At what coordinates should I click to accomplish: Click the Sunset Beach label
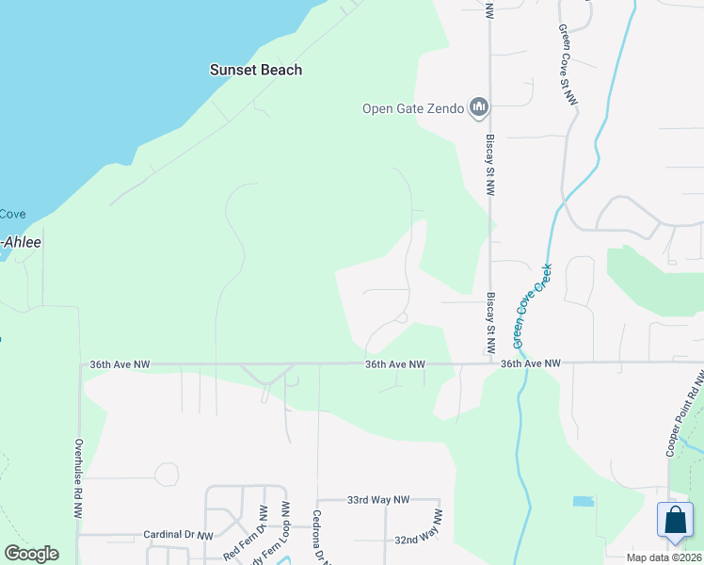click(x=255, y=70)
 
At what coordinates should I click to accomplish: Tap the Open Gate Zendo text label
click(x=413, y=108)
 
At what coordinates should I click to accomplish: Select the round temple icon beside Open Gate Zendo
click(x=479, y=108)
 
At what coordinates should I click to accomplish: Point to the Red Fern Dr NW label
click(x=243, y=540)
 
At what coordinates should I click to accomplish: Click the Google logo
click(x=31, y=554)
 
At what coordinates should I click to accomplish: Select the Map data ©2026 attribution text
click(x=664, y=557)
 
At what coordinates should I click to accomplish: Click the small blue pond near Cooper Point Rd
click(x=584, y=501)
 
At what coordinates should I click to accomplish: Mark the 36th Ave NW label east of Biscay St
click(x=530, y=363)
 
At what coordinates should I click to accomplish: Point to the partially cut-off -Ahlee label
click(x=21, y=241)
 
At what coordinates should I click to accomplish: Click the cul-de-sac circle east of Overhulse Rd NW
click(x=167, y=474)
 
